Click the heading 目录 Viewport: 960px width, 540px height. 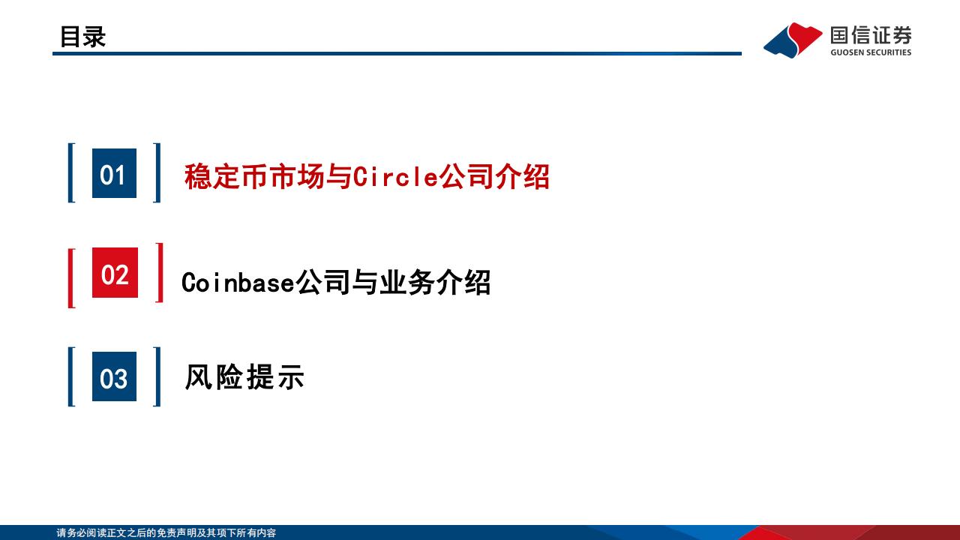click(82, 37)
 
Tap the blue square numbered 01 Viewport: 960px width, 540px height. click(115, 173)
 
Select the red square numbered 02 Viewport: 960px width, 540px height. click(115, 272)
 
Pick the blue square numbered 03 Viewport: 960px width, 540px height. click(115, 376)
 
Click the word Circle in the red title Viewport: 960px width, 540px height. click(395, 176)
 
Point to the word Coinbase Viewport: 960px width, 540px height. click(238, 283)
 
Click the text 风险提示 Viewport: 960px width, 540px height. click(244, 377)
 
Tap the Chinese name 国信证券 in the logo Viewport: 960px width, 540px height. click(871, 35)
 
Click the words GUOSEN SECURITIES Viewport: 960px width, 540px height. click(871, 52)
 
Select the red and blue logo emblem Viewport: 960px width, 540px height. click(793, 40)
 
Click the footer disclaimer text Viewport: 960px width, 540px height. click(166, 532)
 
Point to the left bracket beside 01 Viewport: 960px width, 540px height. click(71, 172)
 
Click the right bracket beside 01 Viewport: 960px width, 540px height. click(157, 172)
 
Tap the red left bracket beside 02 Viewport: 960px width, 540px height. click(71, 278)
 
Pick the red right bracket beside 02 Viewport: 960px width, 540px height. click(160, 272)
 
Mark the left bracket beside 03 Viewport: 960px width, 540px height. click(71, 376)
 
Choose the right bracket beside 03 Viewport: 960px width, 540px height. click(157, 376)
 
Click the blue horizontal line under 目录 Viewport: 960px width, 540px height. click(397, 53)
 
